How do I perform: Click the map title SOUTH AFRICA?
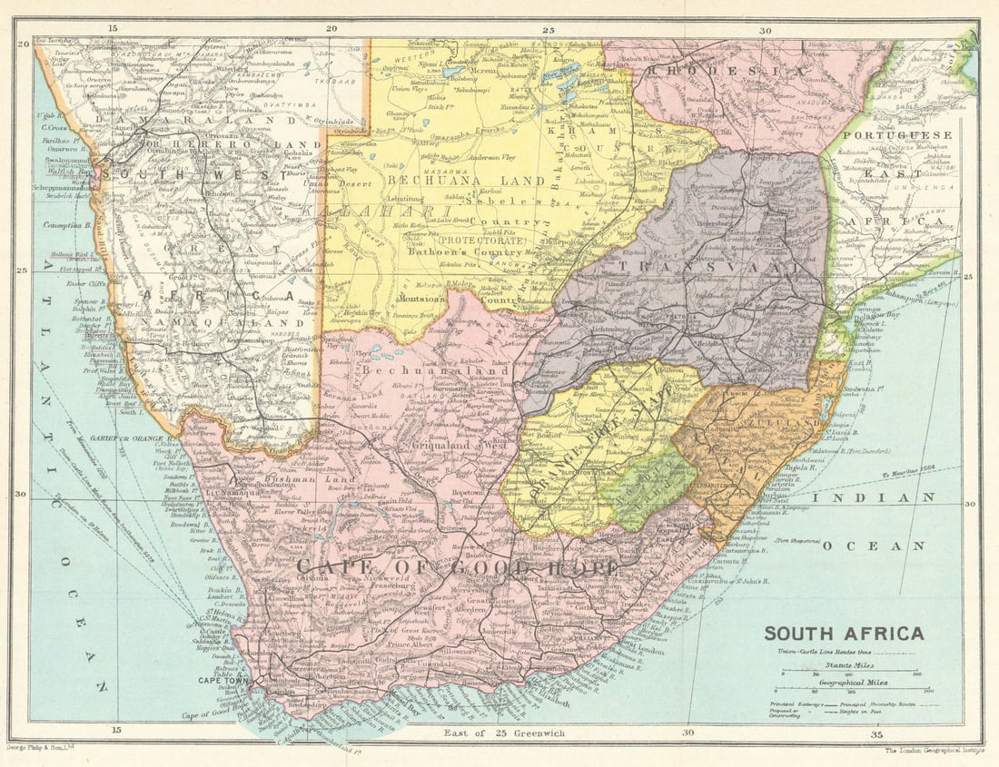[x=844, y=634]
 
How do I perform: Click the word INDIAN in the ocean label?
[x=874, y=497]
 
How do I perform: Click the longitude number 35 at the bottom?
[x=875, y=733]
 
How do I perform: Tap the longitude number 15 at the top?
[x=112, y=29]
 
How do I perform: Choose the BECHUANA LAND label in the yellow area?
[x=466, y=180]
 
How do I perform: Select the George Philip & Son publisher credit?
[x=41, y=747]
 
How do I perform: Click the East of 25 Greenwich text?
[x=503, y=733]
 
